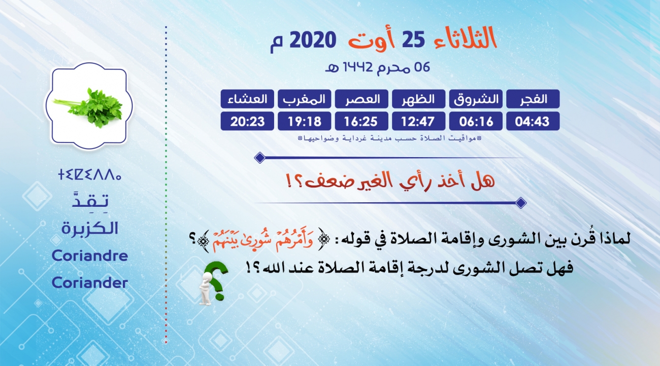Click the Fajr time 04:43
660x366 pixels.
532,122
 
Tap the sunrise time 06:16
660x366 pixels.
476,122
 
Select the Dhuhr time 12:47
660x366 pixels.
418,122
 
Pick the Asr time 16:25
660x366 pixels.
361,122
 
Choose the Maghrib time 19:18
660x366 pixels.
305,122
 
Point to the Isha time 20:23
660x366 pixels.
248,122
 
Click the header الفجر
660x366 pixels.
533,99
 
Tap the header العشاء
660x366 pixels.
248,99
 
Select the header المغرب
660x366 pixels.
305,99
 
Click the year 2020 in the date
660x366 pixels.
313,40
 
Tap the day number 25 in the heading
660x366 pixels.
413,40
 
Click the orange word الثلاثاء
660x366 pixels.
466,38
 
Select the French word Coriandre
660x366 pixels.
90,255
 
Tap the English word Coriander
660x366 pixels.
90,282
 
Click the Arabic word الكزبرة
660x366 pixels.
90,228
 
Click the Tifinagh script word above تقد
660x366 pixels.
90,174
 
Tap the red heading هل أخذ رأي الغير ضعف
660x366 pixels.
390,180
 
